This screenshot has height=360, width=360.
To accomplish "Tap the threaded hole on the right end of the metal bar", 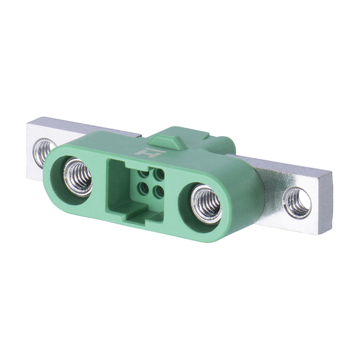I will (297, 202).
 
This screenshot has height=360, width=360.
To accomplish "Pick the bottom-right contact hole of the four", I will (159, 191).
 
